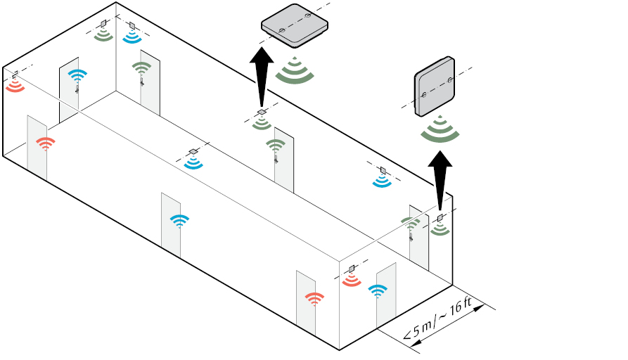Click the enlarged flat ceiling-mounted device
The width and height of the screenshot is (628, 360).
pos(295,26)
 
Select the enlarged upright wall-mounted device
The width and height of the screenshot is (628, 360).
pos(435,87)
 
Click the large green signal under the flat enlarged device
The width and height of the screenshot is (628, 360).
pos(295,73)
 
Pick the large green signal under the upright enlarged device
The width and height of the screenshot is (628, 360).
pos(440,131)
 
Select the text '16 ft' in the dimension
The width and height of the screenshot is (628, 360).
pos(461,307)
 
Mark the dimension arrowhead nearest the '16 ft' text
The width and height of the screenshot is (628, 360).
pos(478,308)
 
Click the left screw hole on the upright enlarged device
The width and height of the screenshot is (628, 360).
pos(424,96)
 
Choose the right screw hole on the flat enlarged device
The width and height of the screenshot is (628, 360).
pos(307,16)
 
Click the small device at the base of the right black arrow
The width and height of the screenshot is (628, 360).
pos(440,217)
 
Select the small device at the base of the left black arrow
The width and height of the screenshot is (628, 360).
pos(262,112)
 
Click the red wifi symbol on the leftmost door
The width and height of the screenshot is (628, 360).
pos(46,143)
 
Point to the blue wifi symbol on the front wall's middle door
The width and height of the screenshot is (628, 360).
pos(179,220)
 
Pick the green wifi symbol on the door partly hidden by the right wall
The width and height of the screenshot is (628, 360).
pos(410,223)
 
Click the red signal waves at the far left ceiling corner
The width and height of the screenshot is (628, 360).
pos(15,86)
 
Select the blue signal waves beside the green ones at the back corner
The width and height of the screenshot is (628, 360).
pos(132,37)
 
